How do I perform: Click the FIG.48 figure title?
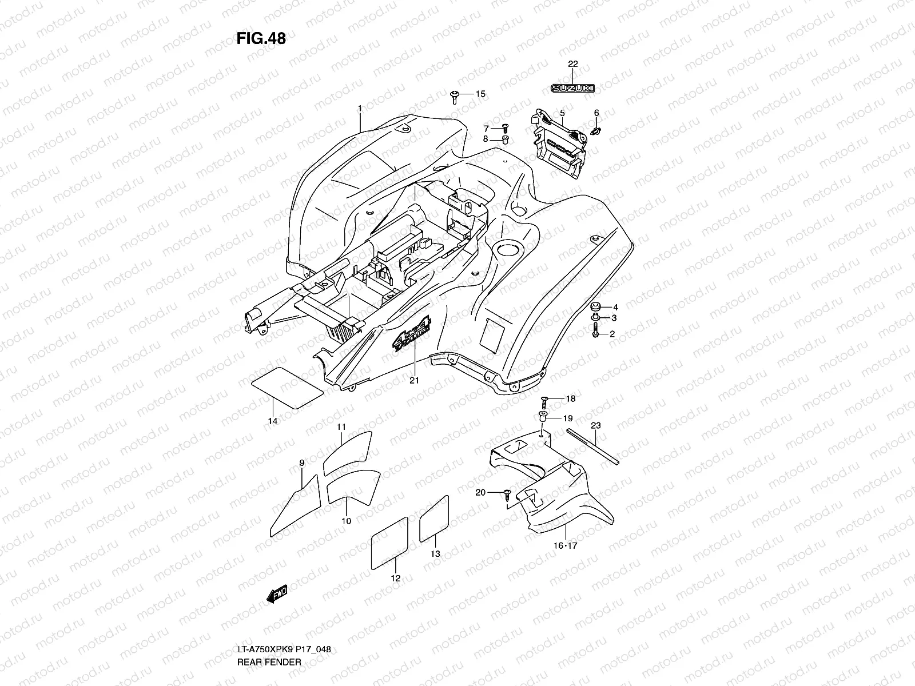pos(261,38)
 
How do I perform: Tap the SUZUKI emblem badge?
pos(572,88)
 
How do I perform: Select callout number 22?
pos(573,64)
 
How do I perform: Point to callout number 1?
pos(360,108)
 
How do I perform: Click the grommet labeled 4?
pos(595,306)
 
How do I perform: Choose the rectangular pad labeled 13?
pos(434,519)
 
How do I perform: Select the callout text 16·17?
pos(566,546)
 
